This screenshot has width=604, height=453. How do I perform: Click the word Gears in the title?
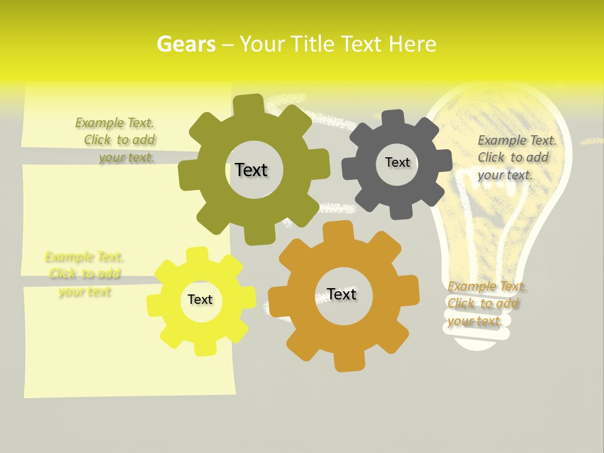pos(186,44)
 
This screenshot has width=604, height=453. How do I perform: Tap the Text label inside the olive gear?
pos(251,170)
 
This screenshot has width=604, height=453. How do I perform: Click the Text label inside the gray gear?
pos(397,162)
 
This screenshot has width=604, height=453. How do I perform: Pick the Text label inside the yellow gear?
pos(200,299)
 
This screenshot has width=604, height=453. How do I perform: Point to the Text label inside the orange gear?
pos(342,294)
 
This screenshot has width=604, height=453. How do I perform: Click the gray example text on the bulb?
pos(516,157)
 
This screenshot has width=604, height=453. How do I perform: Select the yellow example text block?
pos(84,274)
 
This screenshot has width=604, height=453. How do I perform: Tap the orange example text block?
pos(486,304)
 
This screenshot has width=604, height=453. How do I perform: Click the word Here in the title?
pos(412,44)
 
